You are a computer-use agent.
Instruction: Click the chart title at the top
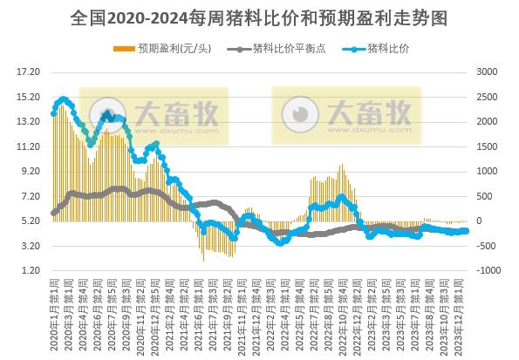[x=259, y=17]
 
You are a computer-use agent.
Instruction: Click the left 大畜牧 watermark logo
[x=154, y=114]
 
